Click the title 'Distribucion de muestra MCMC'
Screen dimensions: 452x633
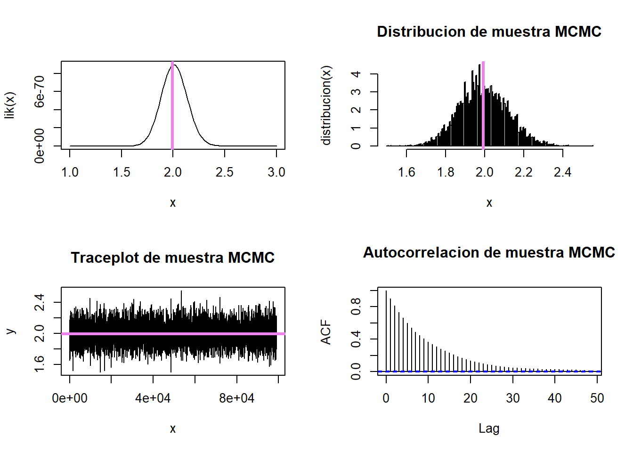click(489, 32)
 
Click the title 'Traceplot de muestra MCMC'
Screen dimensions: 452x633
click(172, 258)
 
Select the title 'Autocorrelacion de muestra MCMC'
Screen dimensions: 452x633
click(489, 252)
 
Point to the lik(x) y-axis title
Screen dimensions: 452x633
click(10, 105)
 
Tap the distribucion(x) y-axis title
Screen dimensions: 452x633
click(326, 105)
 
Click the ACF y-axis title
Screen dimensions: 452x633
click(326, 332)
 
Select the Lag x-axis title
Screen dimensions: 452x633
click(489, 428)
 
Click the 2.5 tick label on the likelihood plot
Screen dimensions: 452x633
click(224, 172)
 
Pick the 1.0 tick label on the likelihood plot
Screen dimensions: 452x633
click(70, 172)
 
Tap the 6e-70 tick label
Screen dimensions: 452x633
click(40, 91)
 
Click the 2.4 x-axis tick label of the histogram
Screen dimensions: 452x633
click(562, 172)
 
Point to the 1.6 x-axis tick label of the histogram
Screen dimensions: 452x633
click(406, 172)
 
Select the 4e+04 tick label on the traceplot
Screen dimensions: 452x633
click(153, 398)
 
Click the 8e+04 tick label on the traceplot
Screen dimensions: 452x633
click(236, 398)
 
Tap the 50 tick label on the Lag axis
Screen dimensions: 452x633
click(597, 398)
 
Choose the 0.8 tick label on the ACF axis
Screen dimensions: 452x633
click(356, 307)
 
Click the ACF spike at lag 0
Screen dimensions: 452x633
click(386, 330)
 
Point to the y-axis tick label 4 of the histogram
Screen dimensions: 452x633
click(356, 74)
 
